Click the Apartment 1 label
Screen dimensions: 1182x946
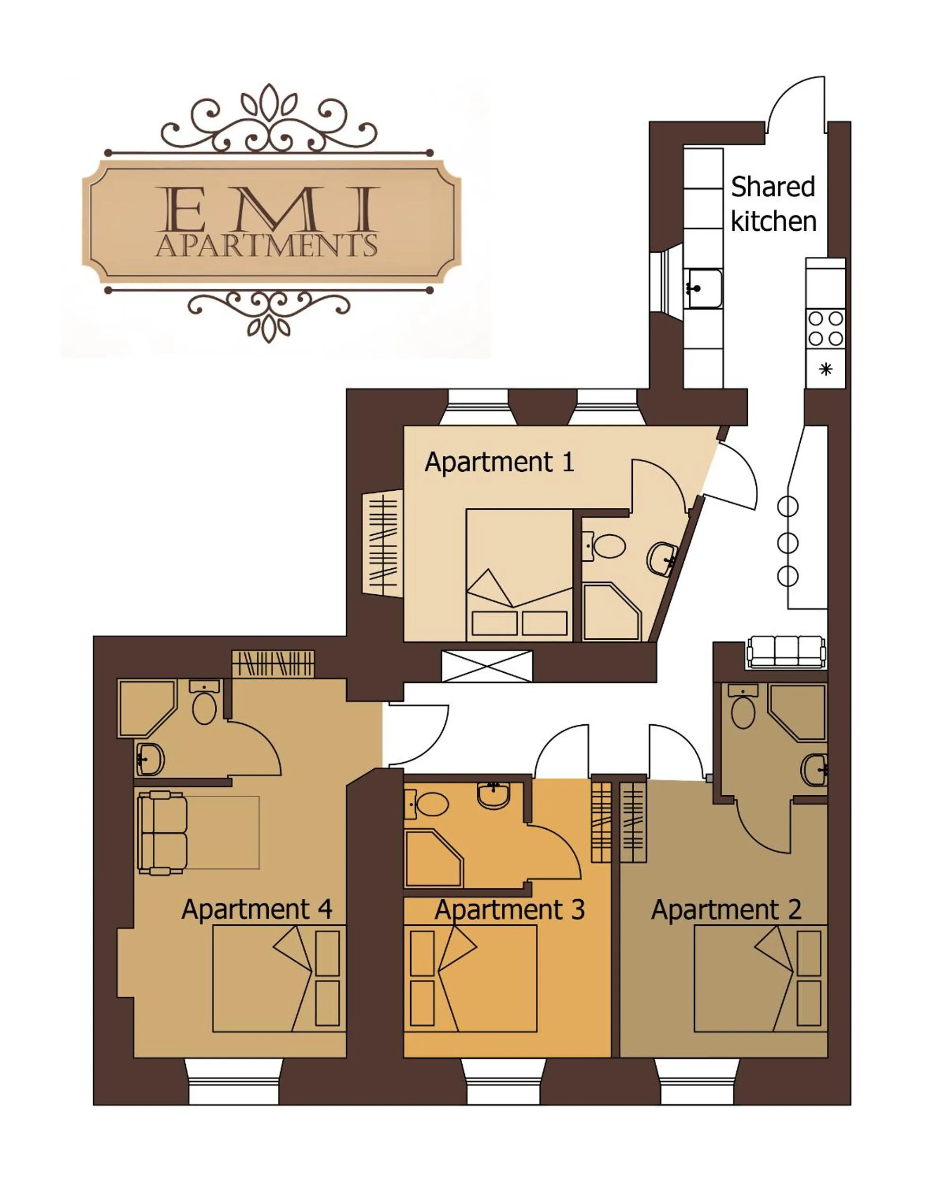(499, 462)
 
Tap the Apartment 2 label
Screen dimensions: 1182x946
(726, 910)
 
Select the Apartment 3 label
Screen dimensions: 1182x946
(509, 910)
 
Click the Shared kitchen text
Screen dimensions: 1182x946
(773, 204)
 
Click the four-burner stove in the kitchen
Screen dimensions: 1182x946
(825, 329)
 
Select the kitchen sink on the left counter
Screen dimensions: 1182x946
(704, 288)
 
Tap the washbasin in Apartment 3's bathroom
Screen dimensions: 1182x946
(494, 794)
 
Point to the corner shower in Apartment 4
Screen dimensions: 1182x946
(145, 707)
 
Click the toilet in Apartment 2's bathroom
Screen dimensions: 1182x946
(743, 711)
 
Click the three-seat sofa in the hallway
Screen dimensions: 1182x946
(786, 652)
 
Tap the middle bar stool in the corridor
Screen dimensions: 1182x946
(788, 543)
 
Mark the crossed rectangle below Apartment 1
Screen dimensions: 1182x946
(486, 666)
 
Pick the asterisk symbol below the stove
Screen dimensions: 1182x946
(825, 370)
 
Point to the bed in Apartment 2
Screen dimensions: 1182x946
(760, 979)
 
